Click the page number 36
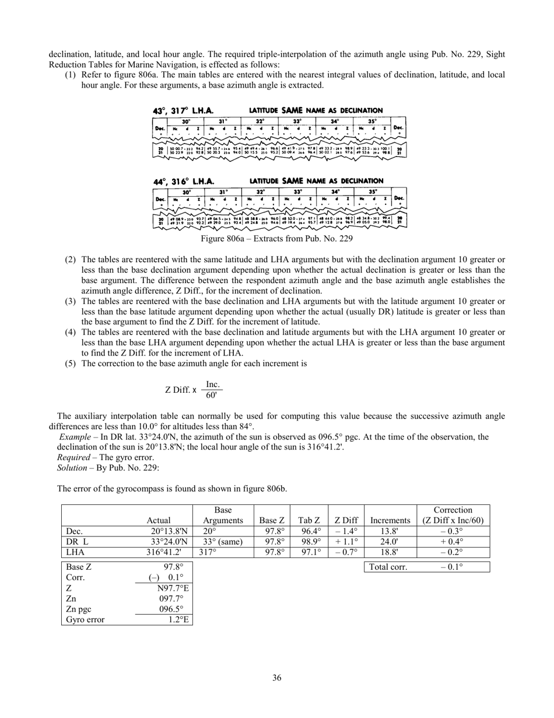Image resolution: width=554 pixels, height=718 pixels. coord(276,678)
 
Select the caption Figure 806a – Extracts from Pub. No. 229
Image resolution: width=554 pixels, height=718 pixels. coord(276,239)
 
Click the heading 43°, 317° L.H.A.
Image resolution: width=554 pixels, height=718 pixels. coord(183,110)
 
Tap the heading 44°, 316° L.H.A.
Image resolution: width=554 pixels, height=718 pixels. coord(183,182)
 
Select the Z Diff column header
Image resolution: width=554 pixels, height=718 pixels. coord(346,521)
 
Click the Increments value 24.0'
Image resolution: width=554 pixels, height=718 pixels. coord(390,542)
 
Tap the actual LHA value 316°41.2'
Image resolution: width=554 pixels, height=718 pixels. coord(164,552)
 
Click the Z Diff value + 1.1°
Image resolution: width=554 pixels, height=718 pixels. coord(346,542)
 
